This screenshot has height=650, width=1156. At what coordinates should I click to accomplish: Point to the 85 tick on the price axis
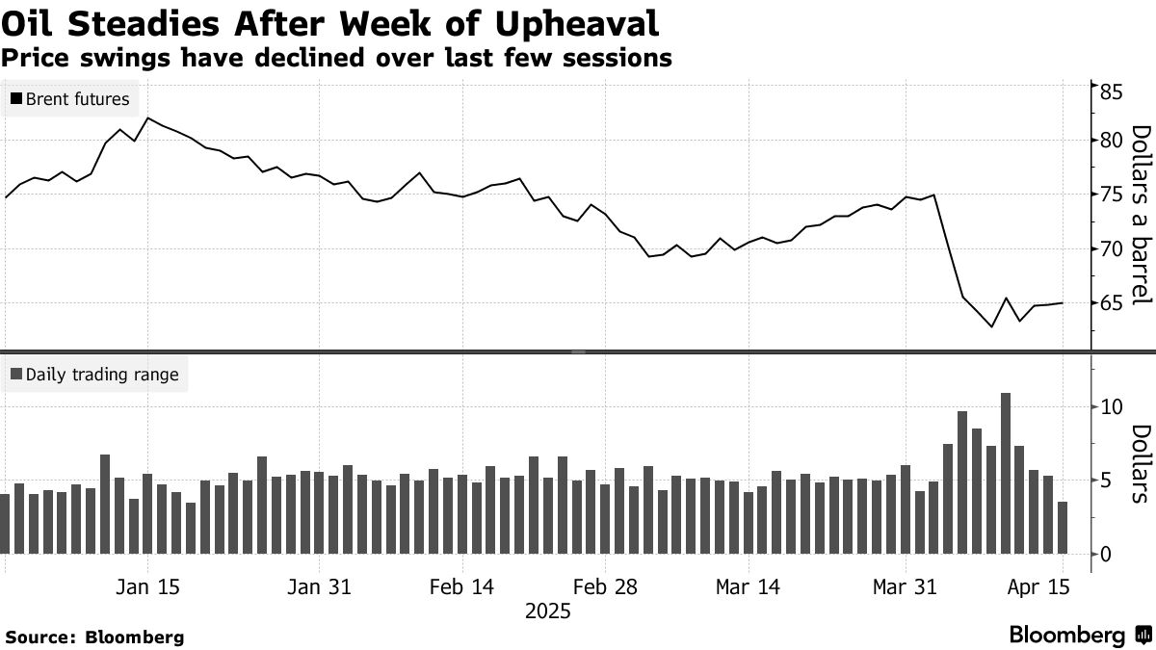[1112, 93]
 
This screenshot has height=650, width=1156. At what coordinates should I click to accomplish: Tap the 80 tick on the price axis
[1112, 141]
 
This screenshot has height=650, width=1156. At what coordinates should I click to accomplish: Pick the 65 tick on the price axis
[1112, 304]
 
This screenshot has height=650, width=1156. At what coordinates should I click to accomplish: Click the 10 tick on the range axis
[1111, 407]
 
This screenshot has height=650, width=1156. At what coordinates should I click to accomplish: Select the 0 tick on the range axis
[1105, 554]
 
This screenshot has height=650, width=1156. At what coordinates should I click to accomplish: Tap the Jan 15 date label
[148, 587]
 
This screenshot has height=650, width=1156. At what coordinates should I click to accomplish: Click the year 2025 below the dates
[547, 611]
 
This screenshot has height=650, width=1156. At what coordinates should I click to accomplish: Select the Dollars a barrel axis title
[1141, 214]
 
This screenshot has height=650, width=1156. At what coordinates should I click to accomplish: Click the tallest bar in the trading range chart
[1006, 472]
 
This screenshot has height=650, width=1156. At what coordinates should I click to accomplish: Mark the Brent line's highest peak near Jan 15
[147, 118]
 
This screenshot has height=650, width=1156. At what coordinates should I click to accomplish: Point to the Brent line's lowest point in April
[991, 327]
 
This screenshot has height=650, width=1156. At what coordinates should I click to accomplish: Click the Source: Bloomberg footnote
[94, 637]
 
